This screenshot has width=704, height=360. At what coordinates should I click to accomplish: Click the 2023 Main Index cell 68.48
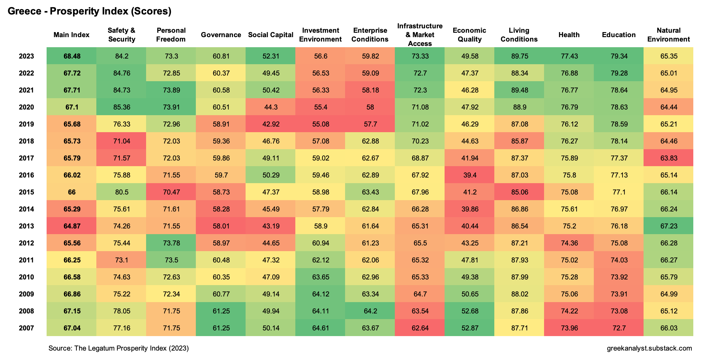(x=72, y=56)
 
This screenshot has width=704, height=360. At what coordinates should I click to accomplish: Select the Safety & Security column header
(x=122, y=35)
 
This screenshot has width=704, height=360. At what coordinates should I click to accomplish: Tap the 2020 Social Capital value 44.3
(x=271, y=107)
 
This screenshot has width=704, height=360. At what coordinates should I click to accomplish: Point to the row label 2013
(x=26, y=226)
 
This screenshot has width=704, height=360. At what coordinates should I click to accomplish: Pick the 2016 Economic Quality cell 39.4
(x=470, y=175)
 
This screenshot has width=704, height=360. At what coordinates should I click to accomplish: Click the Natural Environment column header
(x=668, y=35)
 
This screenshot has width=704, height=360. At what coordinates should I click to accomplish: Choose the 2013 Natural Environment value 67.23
(x=669, y=226)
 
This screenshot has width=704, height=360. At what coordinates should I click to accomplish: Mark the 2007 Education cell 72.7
(x=619, y=328)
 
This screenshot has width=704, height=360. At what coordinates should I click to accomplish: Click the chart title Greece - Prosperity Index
(x=89, y=11)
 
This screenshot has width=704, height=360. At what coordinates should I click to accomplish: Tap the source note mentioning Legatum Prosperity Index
(x=118, y=348)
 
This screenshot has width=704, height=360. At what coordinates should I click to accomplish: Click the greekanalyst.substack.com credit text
(x=649, y=348)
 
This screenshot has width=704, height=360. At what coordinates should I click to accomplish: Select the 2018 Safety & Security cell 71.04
(x=122, y=141)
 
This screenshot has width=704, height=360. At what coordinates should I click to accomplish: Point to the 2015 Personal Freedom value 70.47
(x=171, y=192)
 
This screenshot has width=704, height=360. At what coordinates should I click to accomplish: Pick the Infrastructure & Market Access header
(x=420, y=35)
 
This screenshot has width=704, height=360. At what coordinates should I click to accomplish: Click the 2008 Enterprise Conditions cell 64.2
(x=370, y=311)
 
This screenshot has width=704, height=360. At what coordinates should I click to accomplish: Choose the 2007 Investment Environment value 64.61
(x=321, y=328)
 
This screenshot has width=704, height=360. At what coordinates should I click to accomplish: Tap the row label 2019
(x=26, y=124)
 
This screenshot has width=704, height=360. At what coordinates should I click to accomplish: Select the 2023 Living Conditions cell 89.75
(x=519, y=56)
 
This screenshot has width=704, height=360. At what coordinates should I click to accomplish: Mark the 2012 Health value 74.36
(x=569, y=243)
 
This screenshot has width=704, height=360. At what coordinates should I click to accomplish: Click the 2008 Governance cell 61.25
(x=221, y=311)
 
